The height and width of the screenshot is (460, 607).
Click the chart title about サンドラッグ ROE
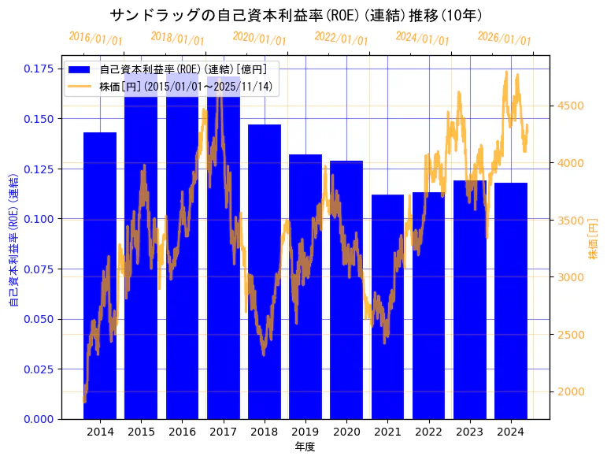point(296,15)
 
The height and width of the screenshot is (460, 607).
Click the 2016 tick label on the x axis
point(182,432)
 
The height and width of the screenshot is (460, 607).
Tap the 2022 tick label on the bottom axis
point(428,432)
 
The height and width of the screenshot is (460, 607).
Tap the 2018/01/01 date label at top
point(177,39)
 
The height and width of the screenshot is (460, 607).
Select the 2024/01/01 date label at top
point(423,38)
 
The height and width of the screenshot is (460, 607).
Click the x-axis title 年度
point(305,447)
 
